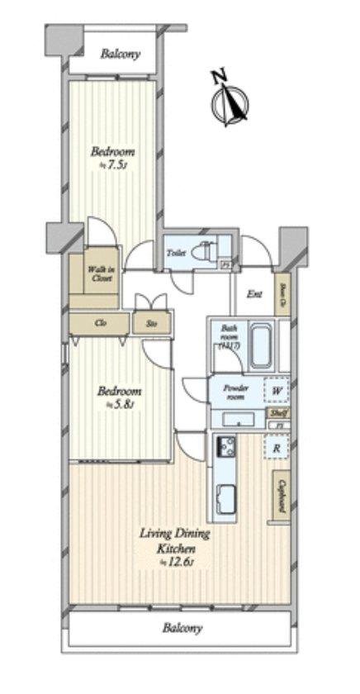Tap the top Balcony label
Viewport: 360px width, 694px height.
[x=120, y=55]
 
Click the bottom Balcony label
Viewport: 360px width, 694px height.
[x=181, y=628]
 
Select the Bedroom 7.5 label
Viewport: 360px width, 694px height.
[x=112, y=157]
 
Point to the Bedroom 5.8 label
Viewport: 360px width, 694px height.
[x=121, y=397]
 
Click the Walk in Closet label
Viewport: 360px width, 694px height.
[x=102, y=273]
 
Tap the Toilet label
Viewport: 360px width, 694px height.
[x=176, y=253]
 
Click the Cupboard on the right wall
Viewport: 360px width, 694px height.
[x=282, y=496]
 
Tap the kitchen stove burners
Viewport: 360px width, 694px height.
[x=225, y=449]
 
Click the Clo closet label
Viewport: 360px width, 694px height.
[x=100, y=323]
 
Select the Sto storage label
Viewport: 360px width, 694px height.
[x=152, y=323]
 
